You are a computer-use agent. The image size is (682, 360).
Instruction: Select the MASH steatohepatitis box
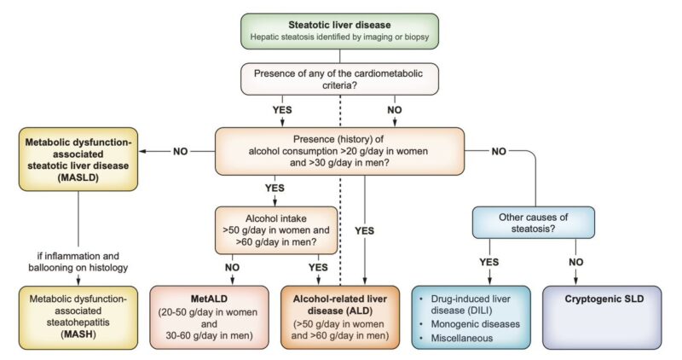click(78, 315)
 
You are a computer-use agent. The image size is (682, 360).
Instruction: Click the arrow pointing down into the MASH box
click(78, 279)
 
